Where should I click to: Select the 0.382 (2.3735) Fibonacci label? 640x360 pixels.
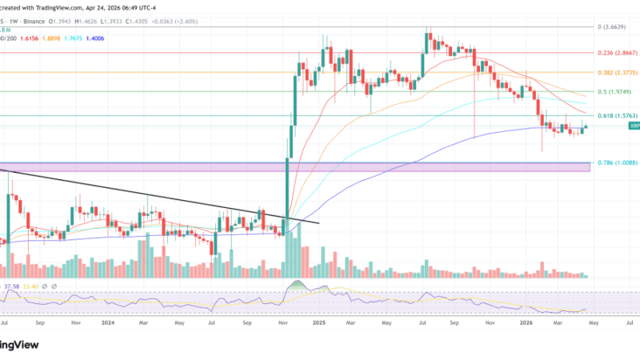[616, 72]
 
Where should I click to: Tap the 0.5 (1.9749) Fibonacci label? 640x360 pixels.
[616, 92]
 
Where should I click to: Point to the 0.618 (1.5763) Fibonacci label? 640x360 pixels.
[616, 115]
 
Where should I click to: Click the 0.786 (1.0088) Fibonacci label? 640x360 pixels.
[616, 162]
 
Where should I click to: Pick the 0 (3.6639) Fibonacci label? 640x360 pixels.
[618, 27]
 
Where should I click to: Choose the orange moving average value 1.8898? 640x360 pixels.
[53, 38]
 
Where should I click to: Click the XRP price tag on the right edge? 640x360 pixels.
[634, 126]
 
